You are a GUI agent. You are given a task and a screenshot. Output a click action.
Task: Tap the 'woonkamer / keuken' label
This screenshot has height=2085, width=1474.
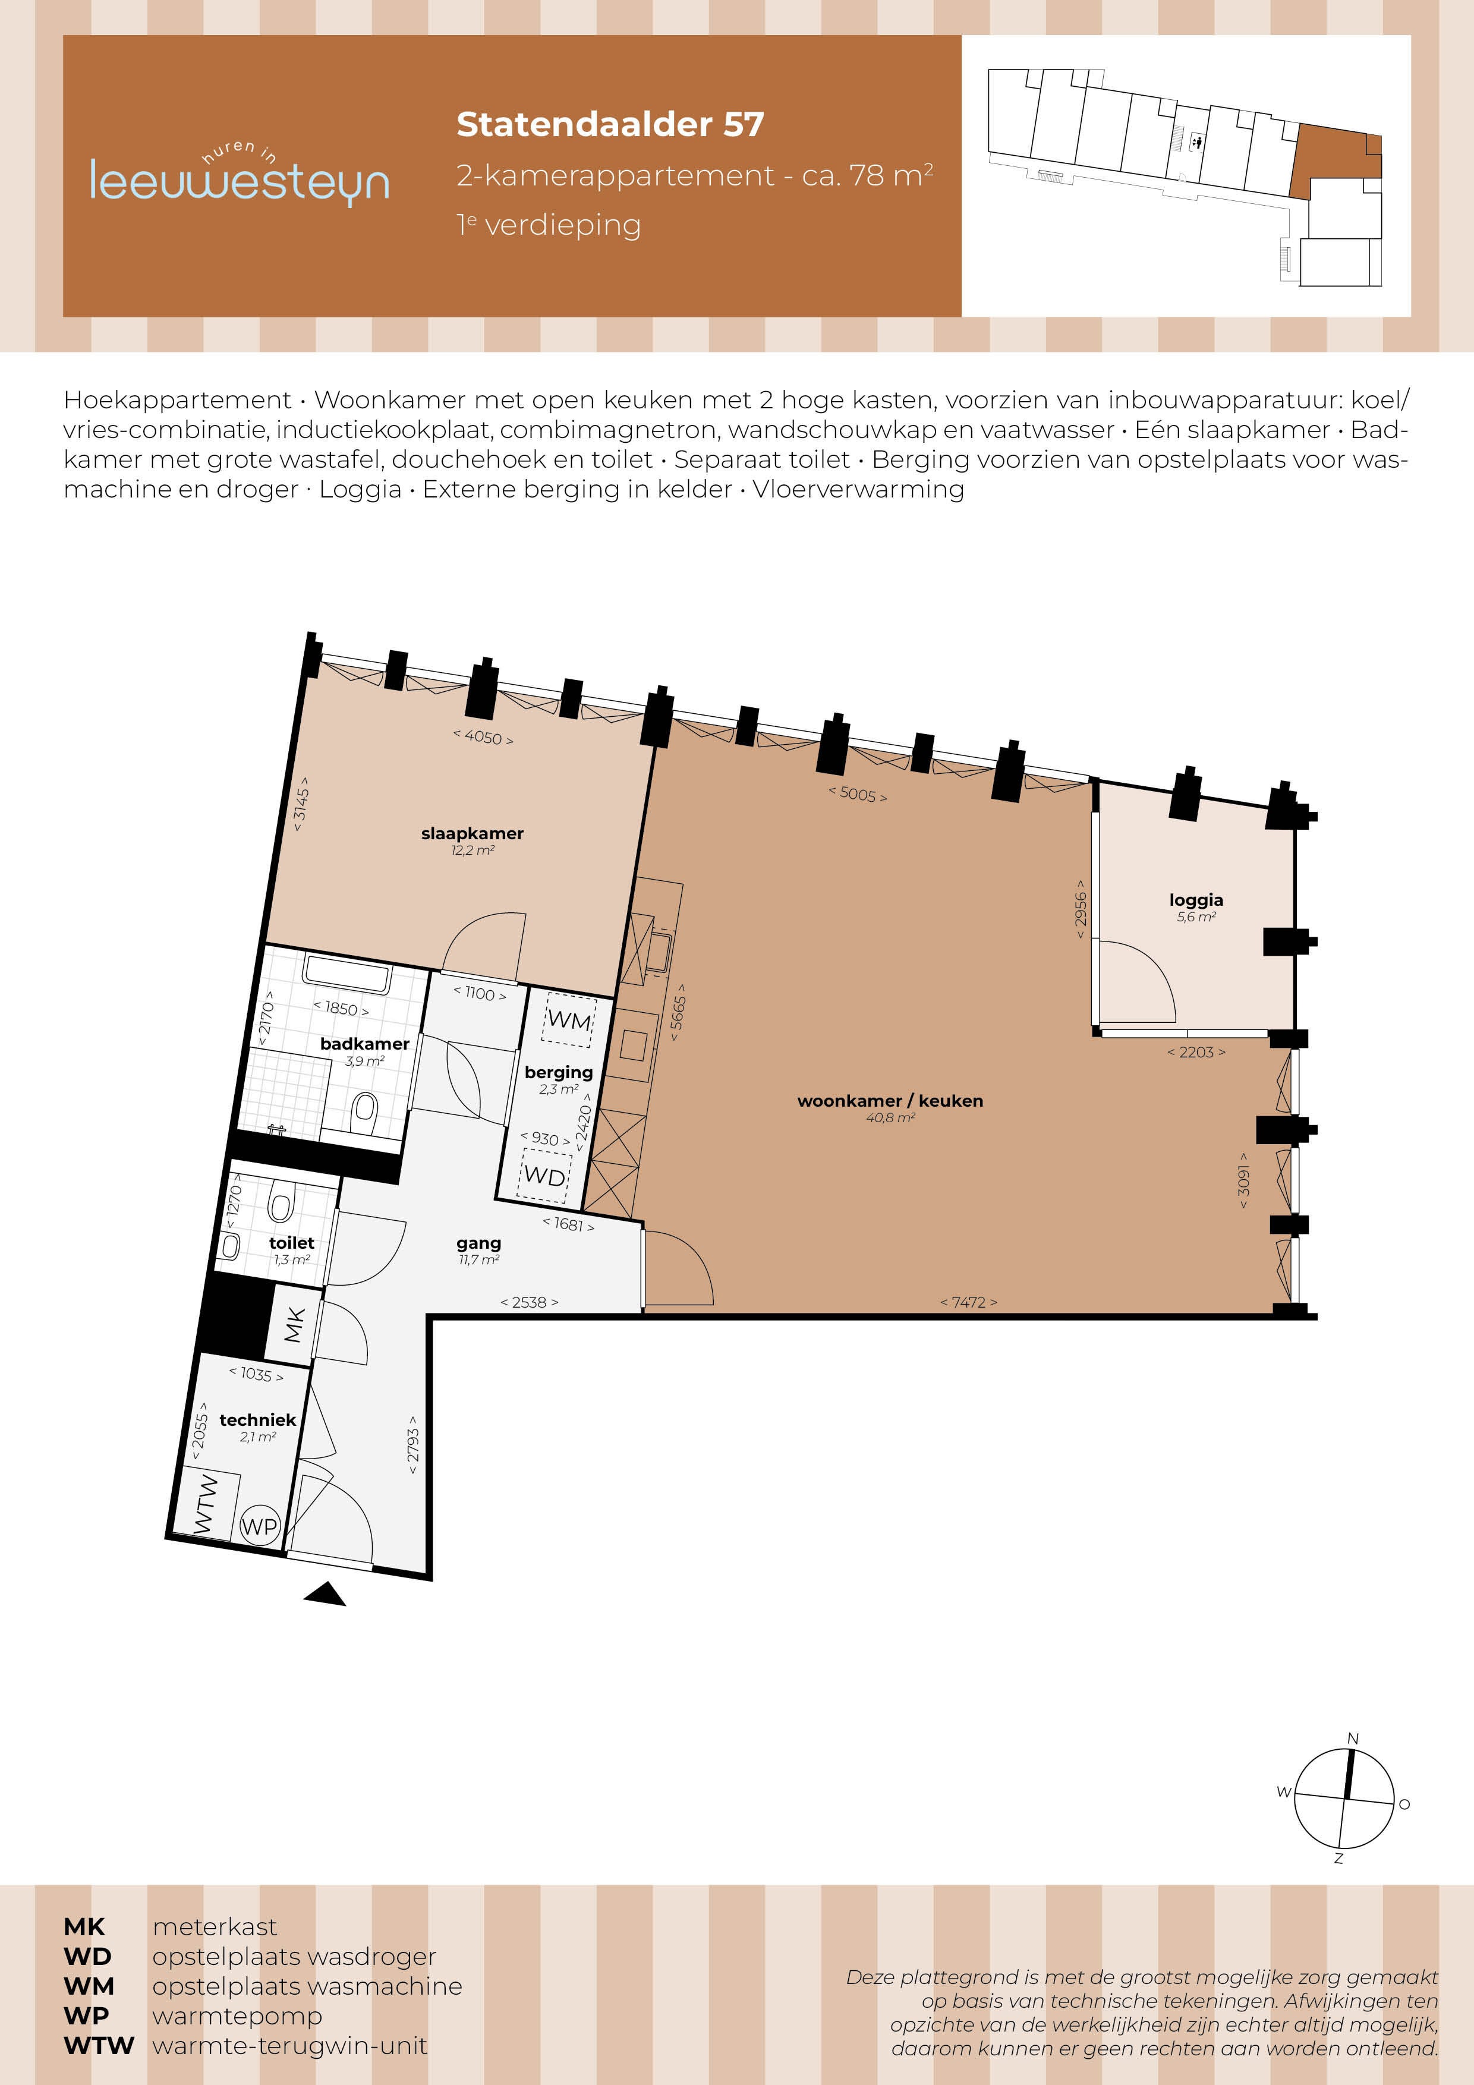pos(890,1101)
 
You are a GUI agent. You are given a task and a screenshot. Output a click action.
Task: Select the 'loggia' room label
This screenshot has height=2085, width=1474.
pos(1196,900)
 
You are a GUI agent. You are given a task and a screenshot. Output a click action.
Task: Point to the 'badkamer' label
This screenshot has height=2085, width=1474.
pos(364,1044)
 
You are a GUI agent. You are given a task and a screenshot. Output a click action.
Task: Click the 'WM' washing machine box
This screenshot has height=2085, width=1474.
pos(569,1020)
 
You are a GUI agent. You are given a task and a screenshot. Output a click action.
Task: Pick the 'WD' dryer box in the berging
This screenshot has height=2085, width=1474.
pos(545,1175)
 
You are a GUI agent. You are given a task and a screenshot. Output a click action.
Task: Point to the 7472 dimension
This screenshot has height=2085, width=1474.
pos(968,1302)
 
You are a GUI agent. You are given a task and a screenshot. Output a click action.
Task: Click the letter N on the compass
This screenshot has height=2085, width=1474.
pos(1353,1738)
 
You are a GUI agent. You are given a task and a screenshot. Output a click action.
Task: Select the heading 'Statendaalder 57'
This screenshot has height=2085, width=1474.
pos(610,124)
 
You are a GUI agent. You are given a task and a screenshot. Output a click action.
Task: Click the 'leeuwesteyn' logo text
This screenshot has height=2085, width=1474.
pos(240,181)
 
